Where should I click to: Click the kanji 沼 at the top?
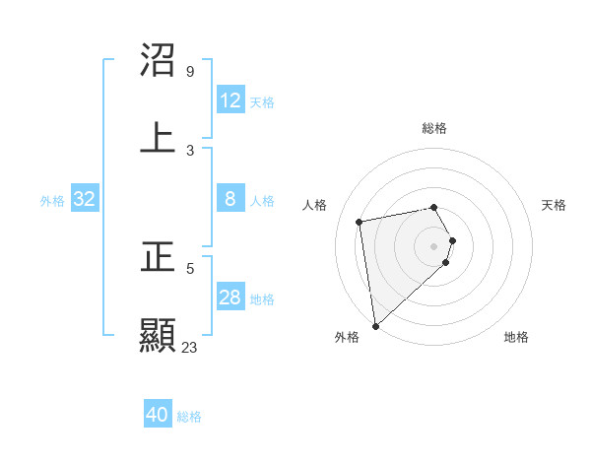coord(158,60)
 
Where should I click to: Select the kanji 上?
coord(158,137)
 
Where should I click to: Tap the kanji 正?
coord(158,258)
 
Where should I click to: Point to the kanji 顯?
coord(158,335)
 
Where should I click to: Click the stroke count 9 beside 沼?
coord(189,72)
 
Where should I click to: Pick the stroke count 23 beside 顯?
coord(189,347)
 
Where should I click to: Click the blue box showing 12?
coord(230,100)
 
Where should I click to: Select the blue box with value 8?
coord(230,199)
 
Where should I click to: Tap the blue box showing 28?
coord(230,298)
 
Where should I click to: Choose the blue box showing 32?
coord(85,199)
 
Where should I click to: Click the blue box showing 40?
coord(158,415)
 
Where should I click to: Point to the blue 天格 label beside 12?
coord(262,102)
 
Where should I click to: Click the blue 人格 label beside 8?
coord(262,201)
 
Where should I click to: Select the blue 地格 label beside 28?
coord(262,299)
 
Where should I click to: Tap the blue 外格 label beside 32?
coord(52,201)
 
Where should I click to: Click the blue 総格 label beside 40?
coord(189,417)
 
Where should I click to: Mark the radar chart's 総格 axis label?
coord(434,128)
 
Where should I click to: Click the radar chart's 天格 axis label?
coord(555,205)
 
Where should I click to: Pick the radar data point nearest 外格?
coord(375,325)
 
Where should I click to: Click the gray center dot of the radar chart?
coord(434,245)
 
